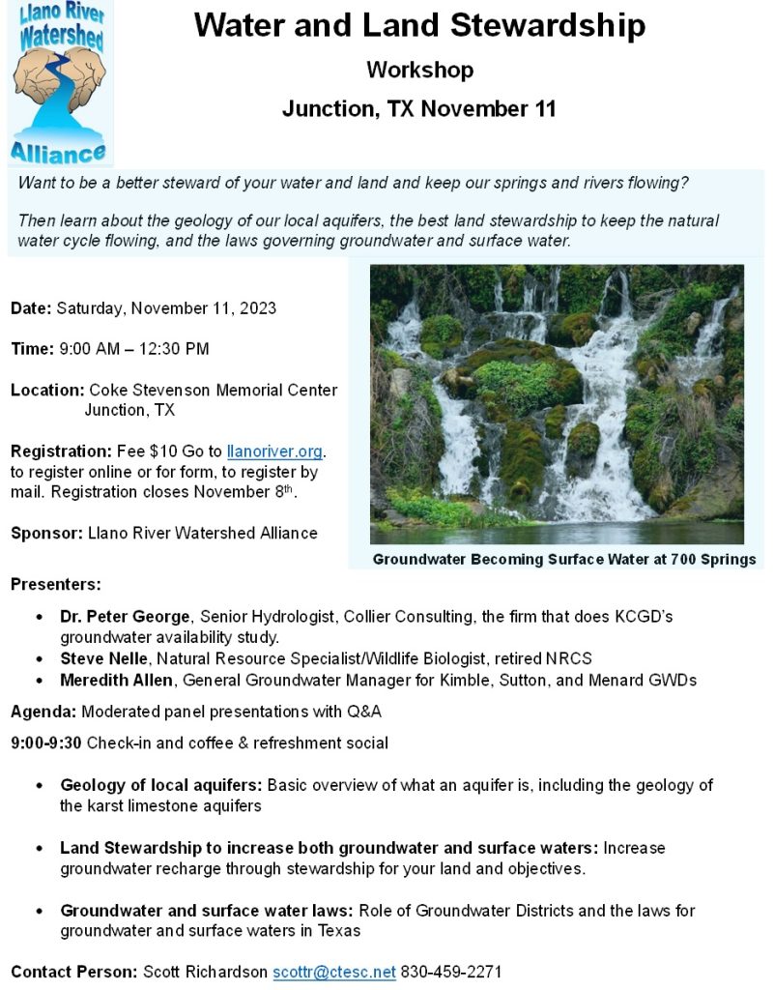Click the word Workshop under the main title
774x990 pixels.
[x=419, y=70]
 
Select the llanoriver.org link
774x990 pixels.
[x=274, y=451]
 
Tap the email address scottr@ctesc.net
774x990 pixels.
[x=334, y=972]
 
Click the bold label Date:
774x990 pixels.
[x=31, y=308]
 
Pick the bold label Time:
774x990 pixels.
[x=31, y=348]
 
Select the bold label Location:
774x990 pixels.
[x=47, y=391]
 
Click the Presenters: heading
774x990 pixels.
[x=55, y=585]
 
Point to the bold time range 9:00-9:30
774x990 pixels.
[x=46, y=742]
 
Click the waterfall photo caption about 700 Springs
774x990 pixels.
[x=563, y=559]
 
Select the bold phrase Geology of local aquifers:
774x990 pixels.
[x=161, y=785]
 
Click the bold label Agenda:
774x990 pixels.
[x=43, y=713]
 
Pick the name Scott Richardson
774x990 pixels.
[x=206, y=972]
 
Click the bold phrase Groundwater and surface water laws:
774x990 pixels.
[x=208, y=911]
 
